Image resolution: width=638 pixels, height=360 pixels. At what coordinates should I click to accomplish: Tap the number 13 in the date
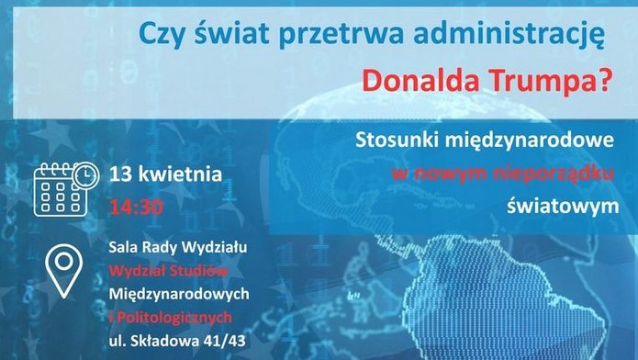119,174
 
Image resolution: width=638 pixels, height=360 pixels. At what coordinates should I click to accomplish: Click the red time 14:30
135,206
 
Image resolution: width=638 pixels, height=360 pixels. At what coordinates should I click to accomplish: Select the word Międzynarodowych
180,294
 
